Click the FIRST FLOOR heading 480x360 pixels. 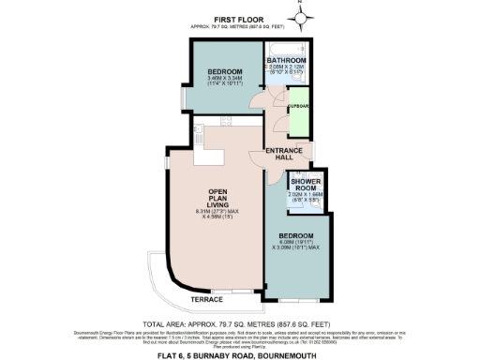[238, 18]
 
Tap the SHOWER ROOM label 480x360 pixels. [307, 183]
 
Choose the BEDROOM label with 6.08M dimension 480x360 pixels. [296, 234]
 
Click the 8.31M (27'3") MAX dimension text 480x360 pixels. [224, 212]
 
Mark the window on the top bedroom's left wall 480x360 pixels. [184, 97]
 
